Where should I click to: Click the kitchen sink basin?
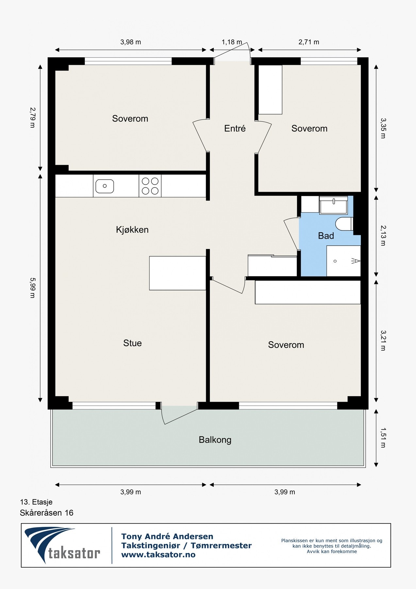105,186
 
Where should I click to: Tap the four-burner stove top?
150,186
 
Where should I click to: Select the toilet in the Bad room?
344,224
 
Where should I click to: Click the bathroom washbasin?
333,205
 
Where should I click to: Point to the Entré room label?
235,128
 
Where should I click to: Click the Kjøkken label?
132,230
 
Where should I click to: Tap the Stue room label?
132,343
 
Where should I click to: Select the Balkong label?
215,440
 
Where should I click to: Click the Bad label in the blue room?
326,236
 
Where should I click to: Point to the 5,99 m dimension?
32,288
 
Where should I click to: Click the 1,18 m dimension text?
232,42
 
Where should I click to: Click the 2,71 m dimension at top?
309,42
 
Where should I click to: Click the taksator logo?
62,545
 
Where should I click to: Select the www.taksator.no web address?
158,555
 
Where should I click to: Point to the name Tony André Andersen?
167,536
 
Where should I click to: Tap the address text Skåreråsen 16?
47,513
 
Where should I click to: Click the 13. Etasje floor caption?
36,502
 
